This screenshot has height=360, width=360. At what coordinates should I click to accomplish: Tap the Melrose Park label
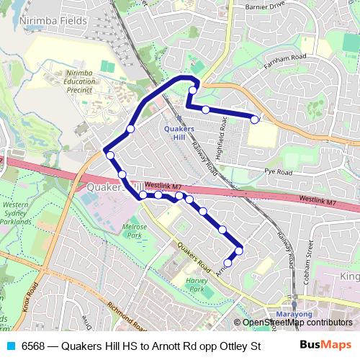[x=135, y=231]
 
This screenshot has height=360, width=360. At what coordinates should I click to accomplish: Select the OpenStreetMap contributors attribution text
[x=297, y=323]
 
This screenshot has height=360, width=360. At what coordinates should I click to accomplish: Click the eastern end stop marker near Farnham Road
[x=255, y=118]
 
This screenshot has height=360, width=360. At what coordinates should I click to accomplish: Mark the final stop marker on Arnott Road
[x=228, y=263]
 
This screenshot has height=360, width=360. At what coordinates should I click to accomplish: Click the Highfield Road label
[x=224, y=134]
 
